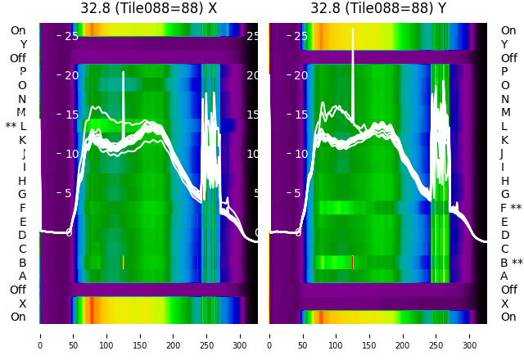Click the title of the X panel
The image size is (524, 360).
pyautogui.click(x=148, y=8)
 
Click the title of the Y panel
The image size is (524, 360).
pyautogui.click(x=378, y=8)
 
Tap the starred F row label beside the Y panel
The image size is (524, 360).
pyautogui.click(x=511, y=208)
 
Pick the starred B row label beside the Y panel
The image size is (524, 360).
pyautogui.click(x=511, y=263)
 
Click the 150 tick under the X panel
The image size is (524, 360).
pyautogui.click(x=140, y=335)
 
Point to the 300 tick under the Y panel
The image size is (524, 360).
pyautogui.click(x=470, y=335)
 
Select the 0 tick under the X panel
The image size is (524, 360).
pyautogui.click(x=39, y=335)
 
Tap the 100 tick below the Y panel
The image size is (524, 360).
pyautogui.click(x=336, y=335)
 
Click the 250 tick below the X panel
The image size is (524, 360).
pyautogui.click(x=207, y=335)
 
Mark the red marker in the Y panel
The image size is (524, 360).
pyautogui.click(x=353, y=262)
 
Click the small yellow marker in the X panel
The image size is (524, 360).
pyautogui.click(x=123, y=262)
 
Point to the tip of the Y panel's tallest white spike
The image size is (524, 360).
pyautogui.click(x=353, y=29)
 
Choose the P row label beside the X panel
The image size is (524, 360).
pyautogui.click(x=23, y=71)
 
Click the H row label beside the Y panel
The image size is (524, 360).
pyautogui.click(x=504, y=181)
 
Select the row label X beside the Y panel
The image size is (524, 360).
pyautogui.click(x=504, y=304)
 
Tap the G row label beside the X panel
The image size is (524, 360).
pyautogui.click(x=22, y=194)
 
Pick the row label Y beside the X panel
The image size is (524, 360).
pyautogui.click(x=23, y=44)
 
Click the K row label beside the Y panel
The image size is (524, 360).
pyautogui.click(x=504, y=140)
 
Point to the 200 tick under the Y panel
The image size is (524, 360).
pyautogui.click(x=403, y=335)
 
